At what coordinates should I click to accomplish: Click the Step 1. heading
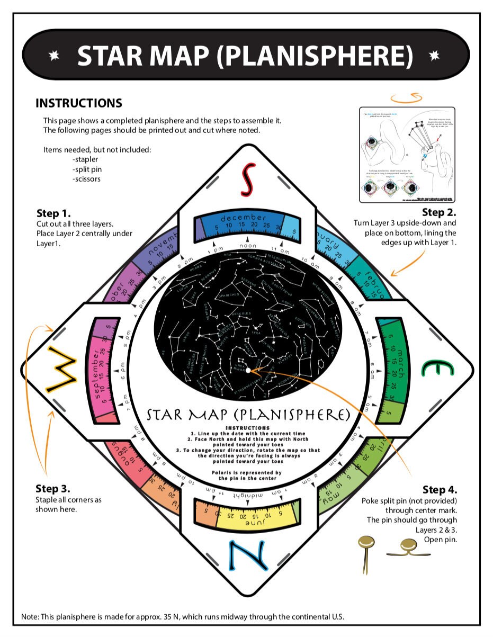click(53, 213)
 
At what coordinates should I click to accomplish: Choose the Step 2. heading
click(439, 212)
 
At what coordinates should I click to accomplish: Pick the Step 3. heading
click(52, 488)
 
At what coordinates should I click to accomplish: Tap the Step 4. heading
click(440, 489)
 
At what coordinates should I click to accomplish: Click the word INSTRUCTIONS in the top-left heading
click(78, 103)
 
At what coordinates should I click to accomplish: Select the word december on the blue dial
click(244, 218)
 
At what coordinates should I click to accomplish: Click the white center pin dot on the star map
click(248, 371)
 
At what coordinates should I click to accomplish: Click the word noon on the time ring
click(247, 246)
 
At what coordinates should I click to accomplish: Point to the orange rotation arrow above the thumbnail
click(407, 97)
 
